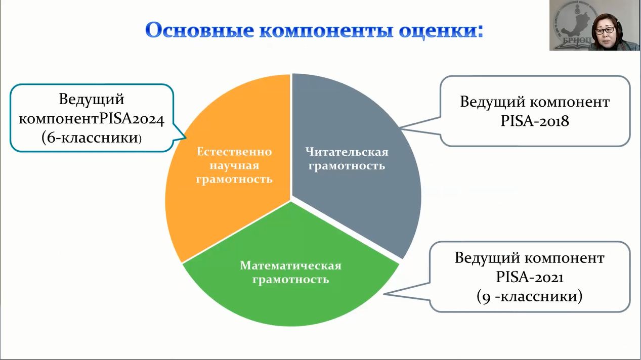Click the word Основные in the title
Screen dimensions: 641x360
[199, 30]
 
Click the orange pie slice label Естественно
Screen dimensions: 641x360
[234, 152]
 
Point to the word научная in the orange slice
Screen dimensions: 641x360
[234, 165]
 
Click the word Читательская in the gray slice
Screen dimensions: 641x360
[347, 152]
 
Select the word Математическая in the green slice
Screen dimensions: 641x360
[291, 265]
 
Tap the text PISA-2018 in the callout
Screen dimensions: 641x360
[535, 121]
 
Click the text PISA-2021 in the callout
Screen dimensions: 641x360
[529, 277]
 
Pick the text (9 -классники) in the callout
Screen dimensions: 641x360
[529, 296]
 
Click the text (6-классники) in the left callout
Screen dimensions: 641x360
[92, 138]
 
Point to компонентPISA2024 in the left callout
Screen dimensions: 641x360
[92, 119]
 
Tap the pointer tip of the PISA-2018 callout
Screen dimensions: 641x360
[400, 128]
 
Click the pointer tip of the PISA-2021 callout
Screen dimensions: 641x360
[384, 294]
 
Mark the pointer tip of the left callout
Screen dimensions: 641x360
[186, 138]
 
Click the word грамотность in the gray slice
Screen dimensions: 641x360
[347, 165]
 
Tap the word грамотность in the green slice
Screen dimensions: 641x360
[291, 279]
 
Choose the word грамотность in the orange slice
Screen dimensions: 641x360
[234, 179]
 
